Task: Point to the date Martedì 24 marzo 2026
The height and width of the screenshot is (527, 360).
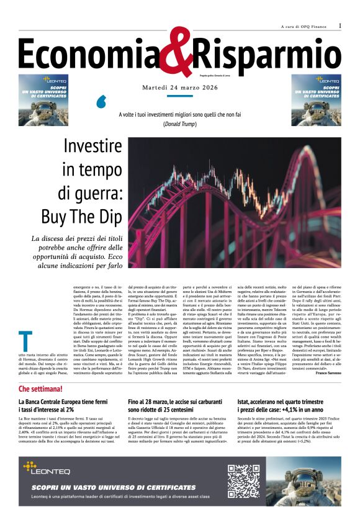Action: coord(179,86)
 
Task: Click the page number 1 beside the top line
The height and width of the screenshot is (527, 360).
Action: coord(340,25)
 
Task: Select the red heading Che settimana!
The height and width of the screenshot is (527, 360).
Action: coord(40,372)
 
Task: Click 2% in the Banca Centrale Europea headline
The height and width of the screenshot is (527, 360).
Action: coord(68,392)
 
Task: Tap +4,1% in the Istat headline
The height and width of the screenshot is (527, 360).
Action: coord(300,392)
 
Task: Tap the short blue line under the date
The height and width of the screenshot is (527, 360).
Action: coord(179,96)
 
